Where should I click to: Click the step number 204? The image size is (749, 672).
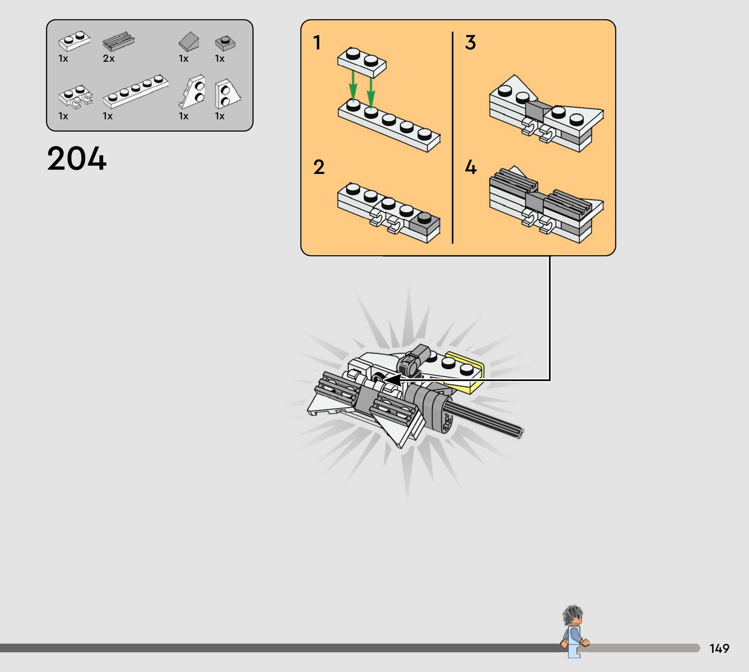(77, 158)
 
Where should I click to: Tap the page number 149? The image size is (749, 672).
(719, 648)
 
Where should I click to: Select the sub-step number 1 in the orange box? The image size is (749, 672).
(317, 43)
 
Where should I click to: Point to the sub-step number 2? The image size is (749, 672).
(319, 167)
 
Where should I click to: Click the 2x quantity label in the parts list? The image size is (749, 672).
(109, 58)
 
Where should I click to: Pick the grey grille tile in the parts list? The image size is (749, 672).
(119, 41)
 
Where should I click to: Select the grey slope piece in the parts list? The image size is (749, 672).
(189, 41)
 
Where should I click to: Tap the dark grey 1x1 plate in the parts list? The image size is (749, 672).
(225, 43)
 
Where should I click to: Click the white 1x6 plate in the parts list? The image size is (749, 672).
(136, 92)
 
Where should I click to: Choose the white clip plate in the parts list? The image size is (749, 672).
(76, 96)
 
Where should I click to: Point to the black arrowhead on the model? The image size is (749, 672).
(393, 380)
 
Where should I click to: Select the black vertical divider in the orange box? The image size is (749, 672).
(452, 137)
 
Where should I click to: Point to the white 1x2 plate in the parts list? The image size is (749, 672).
(74, 41)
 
